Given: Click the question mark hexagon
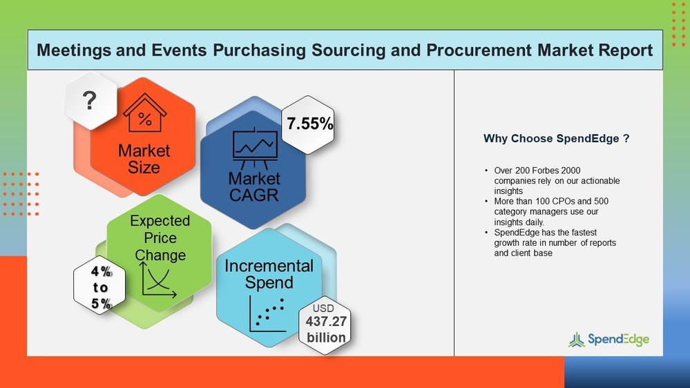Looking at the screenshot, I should point(90,102).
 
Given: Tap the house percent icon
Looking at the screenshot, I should point(144,113).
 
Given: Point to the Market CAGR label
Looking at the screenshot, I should point(254,186).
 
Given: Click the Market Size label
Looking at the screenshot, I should point(144,159).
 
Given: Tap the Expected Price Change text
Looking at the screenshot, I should point(160,237).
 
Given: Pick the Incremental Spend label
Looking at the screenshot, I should point(269,274).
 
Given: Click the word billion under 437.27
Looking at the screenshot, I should point(326,338).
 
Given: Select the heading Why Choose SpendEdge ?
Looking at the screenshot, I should point(556,139).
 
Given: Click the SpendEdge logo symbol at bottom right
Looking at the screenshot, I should point(576,339).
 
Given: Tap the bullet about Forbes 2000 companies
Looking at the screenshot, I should point(557,180).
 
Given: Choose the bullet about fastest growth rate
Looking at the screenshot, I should point(555,243).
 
